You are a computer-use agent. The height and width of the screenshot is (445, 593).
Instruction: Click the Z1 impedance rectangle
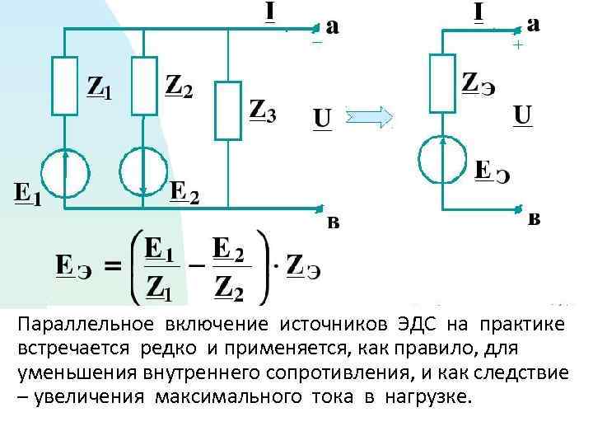tap(66, 84)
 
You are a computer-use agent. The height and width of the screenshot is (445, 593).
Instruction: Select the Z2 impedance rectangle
tap(143, 84)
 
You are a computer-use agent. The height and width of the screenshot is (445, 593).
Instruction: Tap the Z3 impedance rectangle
tap(228, 110)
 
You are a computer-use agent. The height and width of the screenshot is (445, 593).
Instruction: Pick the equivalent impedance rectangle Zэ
tap(442, 82)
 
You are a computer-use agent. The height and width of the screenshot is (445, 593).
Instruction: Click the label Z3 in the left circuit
tap(262, 110)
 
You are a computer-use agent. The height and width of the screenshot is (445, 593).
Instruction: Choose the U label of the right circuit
tap(522, 115)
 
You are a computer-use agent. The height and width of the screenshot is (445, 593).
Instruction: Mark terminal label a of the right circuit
tap(534, 24)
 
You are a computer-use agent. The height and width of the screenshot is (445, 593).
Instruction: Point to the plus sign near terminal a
tap(517, 46)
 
